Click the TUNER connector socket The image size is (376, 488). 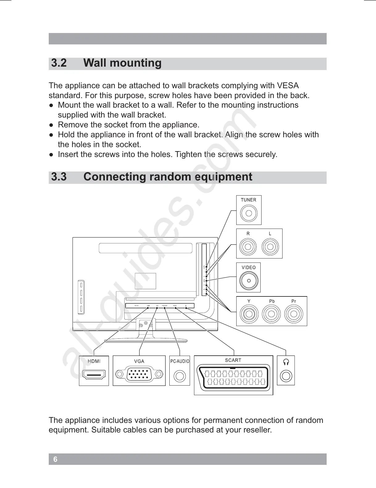click(x=249, y=213)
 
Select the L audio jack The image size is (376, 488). click(x=270, y=247)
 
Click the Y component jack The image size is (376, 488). click(x=249, y=314)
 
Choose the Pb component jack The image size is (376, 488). click(x=271, y=314)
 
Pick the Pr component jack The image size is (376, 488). click(x=294, y=314)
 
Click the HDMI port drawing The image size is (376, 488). click(x=94, y=375)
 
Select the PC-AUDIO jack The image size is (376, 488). click(x=180, y=376)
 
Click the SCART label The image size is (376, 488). click(x=233, y=360)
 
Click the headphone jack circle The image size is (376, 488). click(x=286, y=376)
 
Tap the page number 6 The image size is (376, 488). click(x=55, y=459)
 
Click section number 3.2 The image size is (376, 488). click(x=59, y=63)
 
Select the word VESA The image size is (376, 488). click(x=288, y=85)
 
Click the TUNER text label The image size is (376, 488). click(x=249, y=200)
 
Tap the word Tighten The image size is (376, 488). click(x=188, y=154)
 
